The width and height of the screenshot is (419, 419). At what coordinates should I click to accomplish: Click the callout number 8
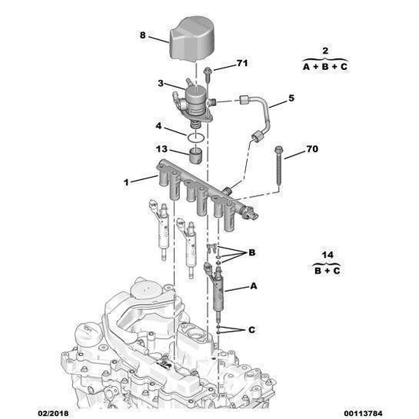pyautogui.click(x=142, y=35)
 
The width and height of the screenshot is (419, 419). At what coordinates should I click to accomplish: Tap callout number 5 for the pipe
pyautogui.click(x=291, y=98)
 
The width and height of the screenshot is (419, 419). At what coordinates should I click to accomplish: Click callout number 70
pyautogui.click(x=312, y=148)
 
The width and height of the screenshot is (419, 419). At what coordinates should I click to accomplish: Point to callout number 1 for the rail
pyautogui.click(x=125, y=182)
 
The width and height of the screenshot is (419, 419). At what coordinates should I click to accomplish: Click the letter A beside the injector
pyautogui.click(x=253, y=287)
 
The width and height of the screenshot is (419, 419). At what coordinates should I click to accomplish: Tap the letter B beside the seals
pyautogui.click(x=252, y=253)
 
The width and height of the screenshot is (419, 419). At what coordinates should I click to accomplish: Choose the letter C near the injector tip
pyautogui.click(x=252, y=329)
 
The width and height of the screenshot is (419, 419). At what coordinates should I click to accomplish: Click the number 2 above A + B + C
pyautogui.click(x=325, y=51)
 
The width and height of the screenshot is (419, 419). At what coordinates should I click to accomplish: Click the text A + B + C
pyautogui.click(x=325, y=68)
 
